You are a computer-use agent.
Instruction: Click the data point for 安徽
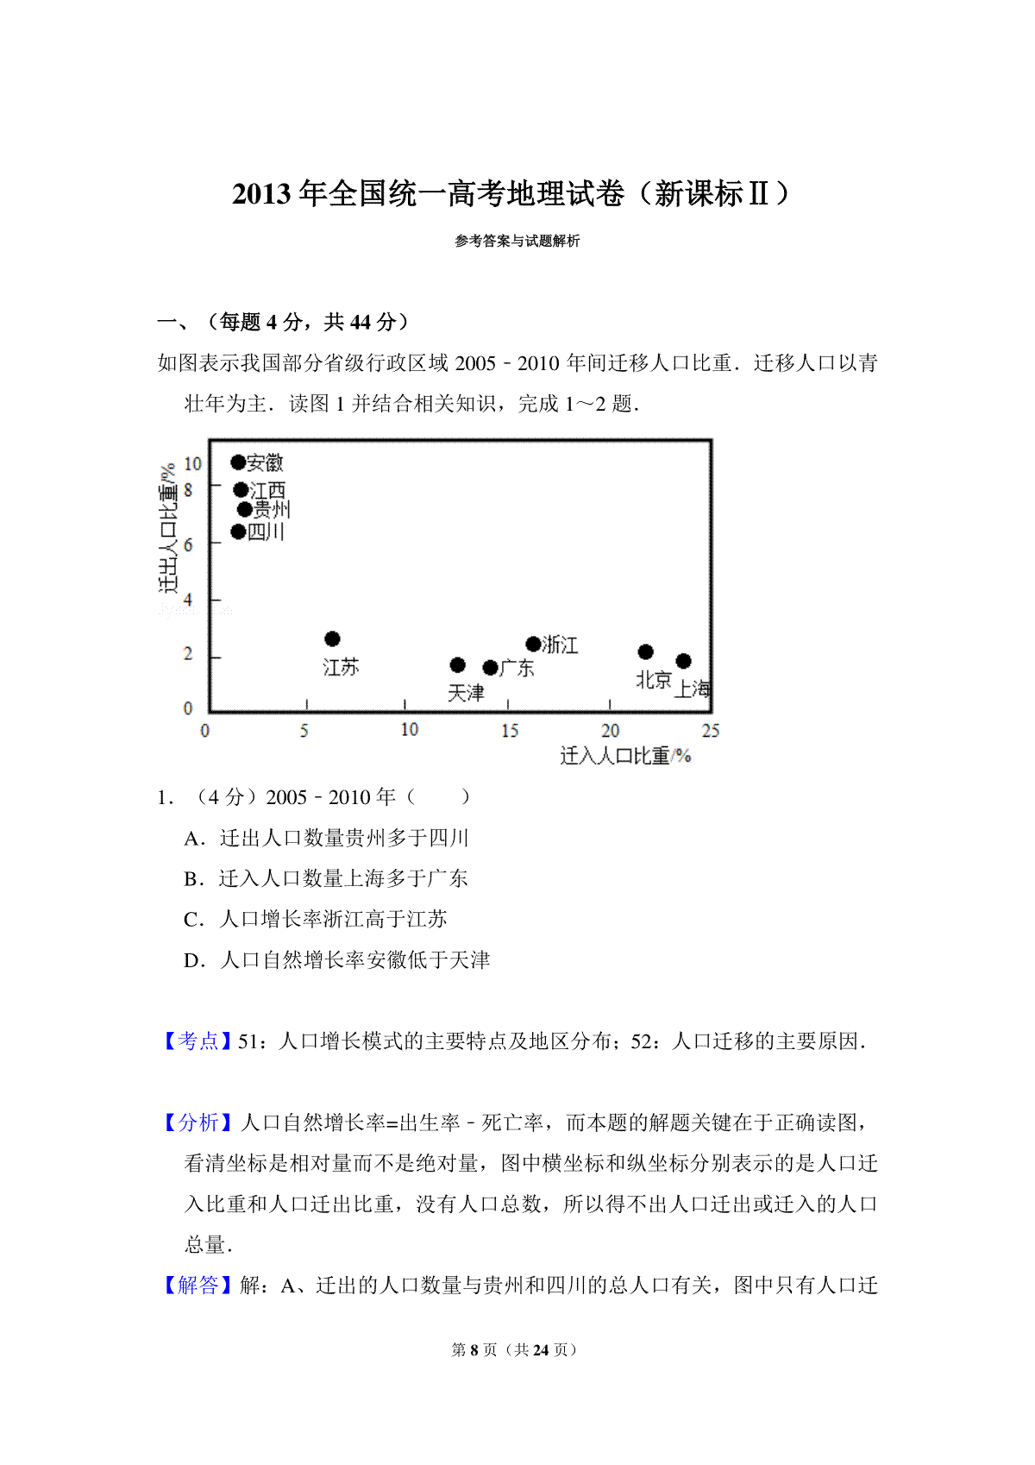238,462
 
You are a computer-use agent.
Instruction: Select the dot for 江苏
332,639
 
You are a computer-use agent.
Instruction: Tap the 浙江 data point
533,644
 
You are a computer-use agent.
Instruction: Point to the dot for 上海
683,661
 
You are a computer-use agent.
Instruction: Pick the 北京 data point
645,652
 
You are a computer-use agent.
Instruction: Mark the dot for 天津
458,665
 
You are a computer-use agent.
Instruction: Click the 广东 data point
490,668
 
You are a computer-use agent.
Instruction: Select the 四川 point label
266,532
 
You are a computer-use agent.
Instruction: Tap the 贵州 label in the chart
272,510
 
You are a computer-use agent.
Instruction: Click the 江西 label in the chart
268,491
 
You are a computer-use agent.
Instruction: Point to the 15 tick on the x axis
510,731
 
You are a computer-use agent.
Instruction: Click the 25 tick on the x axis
710,731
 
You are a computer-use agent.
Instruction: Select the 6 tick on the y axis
188,545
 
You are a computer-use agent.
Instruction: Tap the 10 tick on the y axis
192,464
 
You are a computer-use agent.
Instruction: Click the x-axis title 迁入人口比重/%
625,757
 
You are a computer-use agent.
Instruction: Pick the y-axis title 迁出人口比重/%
168,528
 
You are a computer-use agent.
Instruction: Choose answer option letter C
193,920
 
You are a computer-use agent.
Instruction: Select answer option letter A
193,839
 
